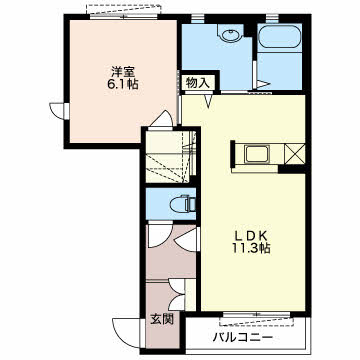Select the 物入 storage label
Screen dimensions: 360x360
[x=198, y=83]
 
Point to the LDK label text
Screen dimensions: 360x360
[x=252, y=236]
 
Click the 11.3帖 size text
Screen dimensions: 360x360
[x=252, y=249]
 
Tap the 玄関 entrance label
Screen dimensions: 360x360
[x=162, y=320]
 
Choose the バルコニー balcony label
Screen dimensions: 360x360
[x=243, y=338]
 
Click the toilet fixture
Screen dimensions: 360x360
[x=182, y=204]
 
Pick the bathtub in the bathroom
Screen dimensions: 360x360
[x=280, y=36]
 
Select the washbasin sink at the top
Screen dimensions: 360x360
[x=230, y=34]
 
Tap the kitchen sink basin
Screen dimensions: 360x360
[x=256, y=154]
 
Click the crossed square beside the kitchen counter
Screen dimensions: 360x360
[x=295, y=154]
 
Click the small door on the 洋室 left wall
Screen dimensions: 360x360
[x=59, y=110]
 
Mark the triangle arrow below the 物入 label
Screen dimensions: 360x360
[x=209, y=101]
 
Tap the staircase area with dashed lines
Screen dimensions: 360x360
[x=171, y=157]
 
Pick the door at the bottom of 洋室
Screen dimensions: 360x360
[x=162, y=118]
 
